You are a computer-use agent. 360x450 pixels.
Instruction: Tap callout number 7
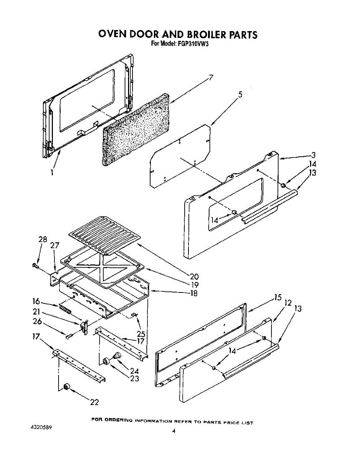[x=211, y=78]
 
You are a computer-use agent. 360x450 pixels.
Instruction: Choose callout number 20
[x=194, y=277]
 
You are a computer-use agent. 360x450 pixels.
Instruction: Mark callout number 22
[x=95, y=402]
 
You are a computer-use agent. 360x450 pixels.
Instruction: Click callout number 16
[x=36, y=301]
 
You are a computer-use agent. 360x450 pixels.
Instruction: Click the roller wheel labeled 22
[x=67, y=387]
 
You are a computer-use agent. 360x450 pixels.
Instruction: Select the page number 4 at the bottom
[x=174, y=431]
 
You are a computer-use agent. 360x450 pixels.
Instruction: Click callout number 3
[x=313, y=155]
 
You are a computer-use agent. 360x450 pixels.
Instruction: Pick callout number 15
[x=277, y=298]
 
